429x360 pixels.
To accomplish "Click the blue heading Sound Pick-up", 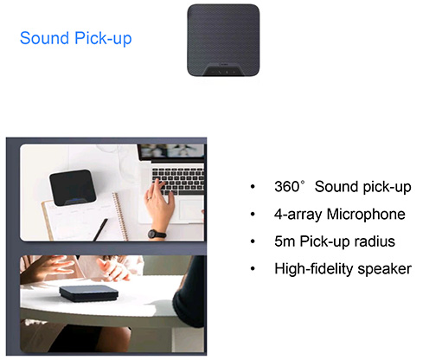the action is click(x=75, y=38).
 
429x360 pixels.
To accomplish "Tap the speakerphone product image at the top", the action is click(x=223, y=41).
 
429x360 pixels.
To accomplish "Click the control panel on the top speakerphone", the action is click(x=223, y=70).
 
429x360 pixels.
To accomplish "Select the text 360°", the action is click(x=290, y=186).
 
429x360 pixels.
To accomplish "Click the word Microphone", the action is click(x=366, y=214).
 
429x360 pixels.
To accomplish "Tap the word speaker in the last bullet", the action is click(x=385, y=269).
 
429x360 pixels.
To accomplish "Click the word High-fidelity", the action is click(x=314, y=269).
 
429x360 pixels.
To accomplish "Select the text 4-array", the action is click(x=298, y=215).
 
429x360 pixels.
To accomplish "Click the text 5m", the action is click(x=285, y=241).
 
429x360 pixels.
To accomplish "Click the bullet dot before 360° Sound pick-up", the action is click(x=253, y=187).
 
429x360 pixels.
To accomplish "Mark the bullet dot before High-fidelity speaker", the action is click(x=253, y=269).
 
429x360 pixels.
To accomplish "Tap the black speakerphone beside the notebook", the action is click(x=73, y=188).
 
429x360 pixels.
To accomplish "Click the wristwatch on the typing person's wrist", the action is click(x=157, y=234).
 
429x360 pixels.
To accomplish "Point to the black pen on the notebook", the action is click(x=100, y=229).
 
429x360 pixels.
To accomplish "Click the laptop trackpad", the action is click(x=190, y=210).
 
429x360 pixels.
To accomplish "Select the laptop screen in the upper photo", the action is click(x=171, y=151).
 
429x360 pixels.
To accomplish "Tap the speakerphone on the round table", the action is click(x=89, y=293).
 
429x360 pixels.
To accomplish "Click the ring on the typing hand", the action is click(x=150, y=198).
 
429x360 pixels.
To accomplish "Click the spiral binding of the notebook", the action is click(x=120, y=216).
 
